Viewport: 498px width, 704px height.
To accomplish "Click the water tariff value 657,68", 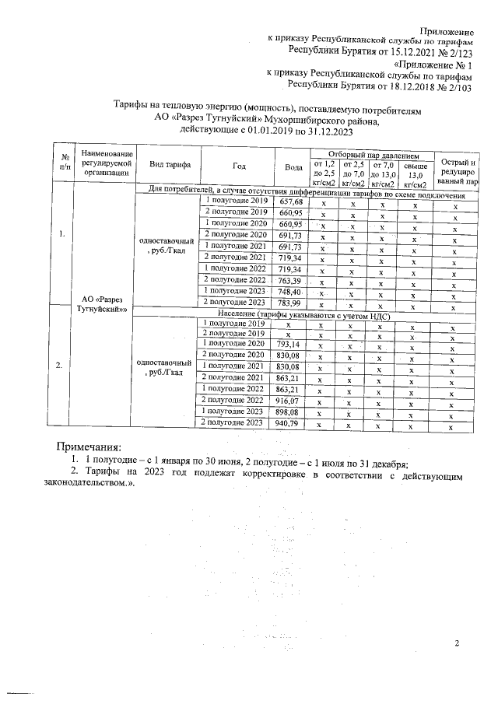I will click(289, 201).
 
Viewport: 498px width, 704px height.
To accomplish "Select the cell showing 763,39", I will click(289, 279).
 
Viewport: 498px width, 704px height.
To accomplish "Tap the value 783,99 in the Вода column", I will click(289, 302).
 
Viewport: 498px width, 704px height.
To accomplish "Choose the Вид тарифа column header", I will click(167, 167).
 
